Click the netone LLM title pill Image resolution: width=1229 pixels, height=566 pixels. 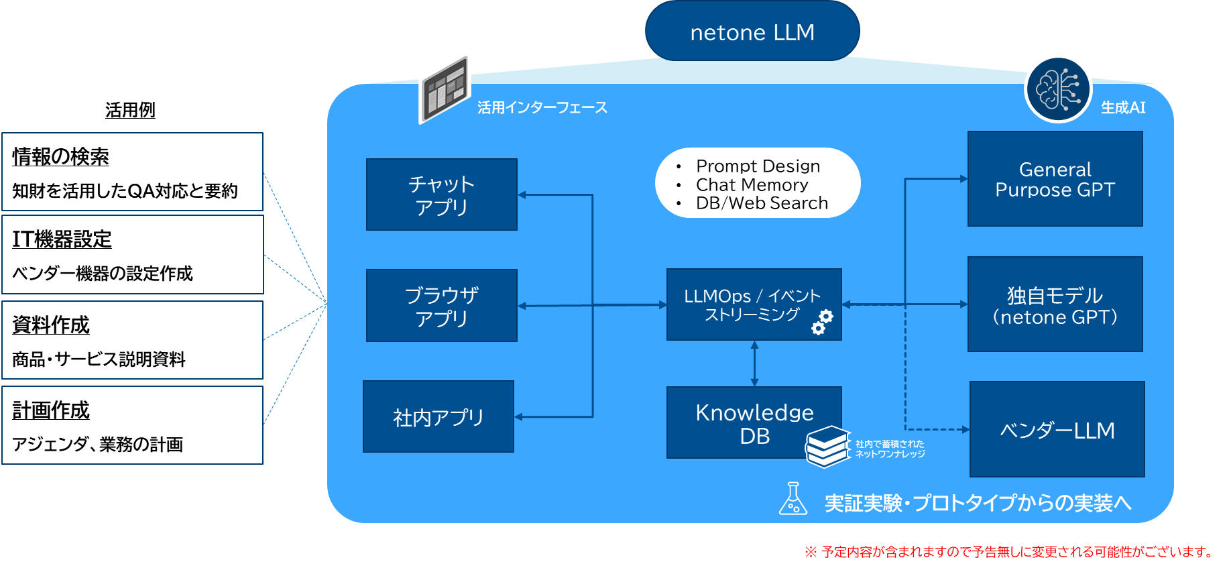(x=752, y=32)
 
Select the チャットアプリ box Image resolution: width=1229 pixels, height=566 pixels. (x=441, y=194)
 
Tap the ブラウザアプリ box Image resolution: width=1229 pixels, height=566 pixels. (x=441, y=306)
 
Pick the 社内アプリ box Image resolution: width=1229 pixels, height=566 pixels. (x=438, y=417)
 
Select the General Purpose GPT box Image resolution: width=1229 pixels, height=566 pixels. (x=1055, y=179)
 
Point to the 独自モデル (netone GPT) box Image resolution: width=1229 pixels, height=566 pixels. (x=1055, y=304)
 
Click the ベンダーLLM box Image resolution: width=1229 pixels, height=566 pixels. (x=1057, y=430)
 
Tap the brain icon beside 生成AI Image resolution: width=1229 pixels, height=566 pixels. (x=1058, y=89)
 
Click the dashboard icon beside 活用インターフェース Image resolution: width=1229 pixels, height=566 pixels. (x=445, y=88)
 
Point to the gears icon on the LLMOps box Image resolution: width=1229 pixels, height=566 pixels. (x=822, y=322)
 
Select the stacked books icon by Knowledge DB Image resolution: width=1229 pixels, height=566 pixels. (x=828, y=446)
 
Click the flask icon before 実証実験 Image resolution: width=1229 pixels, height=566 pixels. (x=793, y=499)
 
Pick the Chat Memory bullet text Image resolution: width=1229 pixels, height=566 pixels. (x=752, y=184)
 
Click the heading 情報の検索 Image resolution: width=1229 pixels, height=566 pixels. (x=61, y=156)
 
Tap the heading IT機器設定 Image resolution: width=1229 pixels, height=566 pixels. (x=62, y=239)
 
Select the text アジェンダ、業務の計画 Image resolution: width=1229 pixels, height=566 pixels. (x=98, y=444)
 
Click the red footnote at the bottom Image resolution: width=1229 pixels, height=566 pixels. (x=1009, y=552)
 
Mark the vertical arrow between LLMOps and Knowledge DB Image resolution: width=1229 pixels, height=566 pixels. (x=754, y=363)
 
